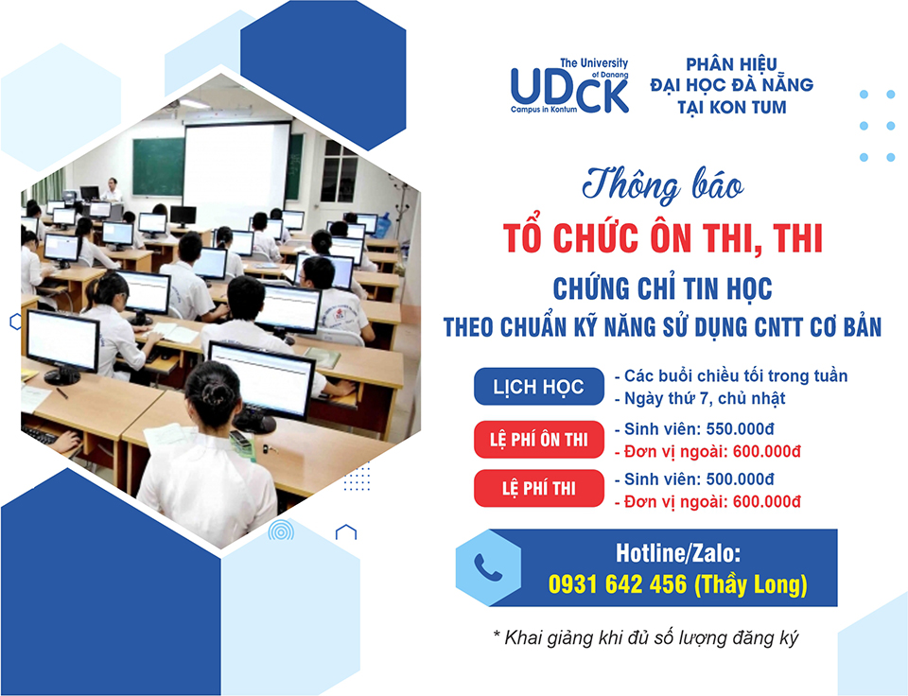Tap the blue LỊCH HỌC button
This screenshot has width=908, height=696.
tap(538, 386)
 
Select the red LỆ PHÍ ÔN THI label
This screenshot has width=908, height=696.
tap(538, 440)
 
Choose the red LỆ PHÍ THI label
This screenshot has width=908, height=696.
tap(538, 488)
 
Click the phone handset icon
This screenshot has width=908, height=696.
tap(488, 566)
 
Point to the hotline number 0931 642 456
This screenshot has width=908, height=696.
tap(618, 584)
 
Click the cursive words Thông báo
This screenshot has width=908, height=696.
tap(662, 186)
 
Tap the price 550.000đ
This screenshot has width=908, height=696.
tap(740, 429)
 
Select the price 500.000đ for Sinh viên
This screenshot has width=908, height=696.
tap(740, 479)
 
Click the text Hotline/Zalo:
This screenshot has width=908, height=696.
tap(677, 553)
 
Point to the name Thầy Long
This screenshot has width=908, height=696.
tap(750, 584)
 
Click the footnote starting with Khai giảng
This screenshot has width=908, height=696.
tap(645, 637)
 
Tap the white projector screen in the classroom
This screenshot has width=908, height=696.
tap(236, 165)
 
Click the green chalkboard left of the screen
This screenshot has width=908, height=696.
tap(158, 166)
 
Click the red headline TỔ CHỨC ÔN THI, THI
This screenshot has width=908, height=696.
tap(662, 238)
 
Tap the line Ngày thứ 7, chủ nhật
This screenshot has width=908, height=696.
tap(704, 398)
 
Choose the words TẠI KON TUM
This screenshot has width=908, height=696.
tap(732, 107)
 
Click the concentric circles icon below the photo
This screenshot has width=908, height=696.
tap(281, 531)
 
